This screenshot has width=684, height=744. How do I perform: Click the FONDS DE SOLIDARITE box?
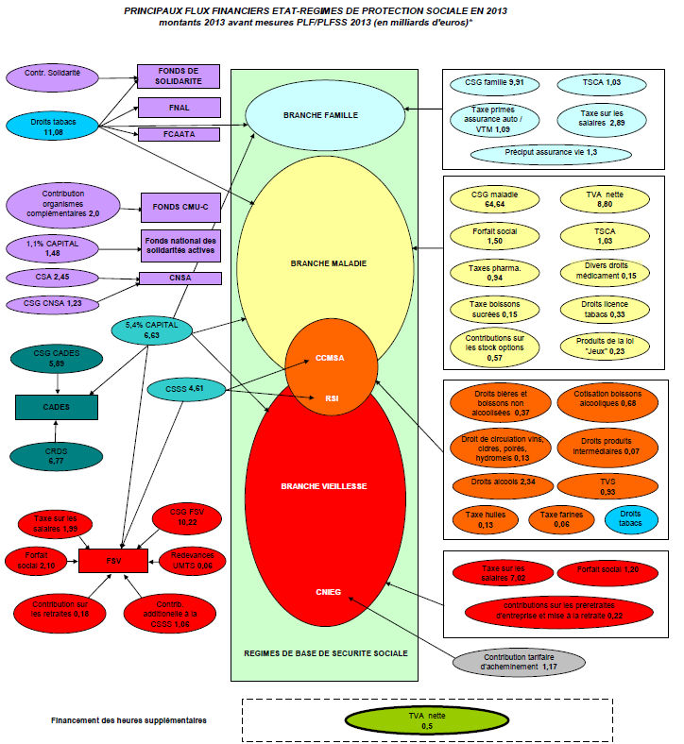(179, 76)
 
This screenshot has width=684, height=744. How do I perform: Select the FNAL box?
(179, 107)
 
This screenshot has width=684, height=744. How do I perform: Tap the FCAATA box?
(179, 134)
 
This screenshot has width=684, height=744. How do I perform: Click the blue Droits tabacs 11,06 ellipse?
(53, 124)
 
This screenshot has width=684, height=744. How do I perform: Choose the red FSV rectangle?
(112, 559)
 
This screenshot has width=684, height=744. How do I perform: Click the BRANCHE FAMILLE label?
(320, 115)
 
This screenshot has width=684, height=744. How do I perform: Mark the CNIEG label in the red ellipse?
(329, 592)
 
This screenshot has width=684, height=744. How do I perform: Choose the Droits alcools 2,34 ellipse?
(497, 482)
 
